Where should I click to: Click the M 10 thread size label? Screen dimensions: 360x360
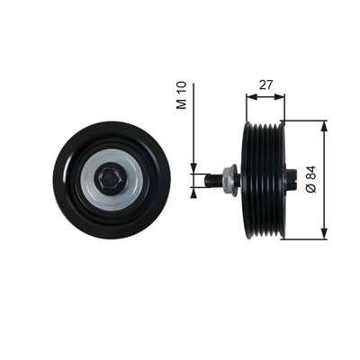point(181,94)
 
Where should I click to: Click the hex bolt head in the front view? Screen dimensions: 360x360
point(110,179)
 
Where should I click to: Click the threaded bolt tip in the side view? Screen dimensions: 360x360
point(213,180)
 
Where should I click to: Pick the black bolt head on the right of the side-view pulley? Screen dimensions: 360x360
point(291,180)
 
